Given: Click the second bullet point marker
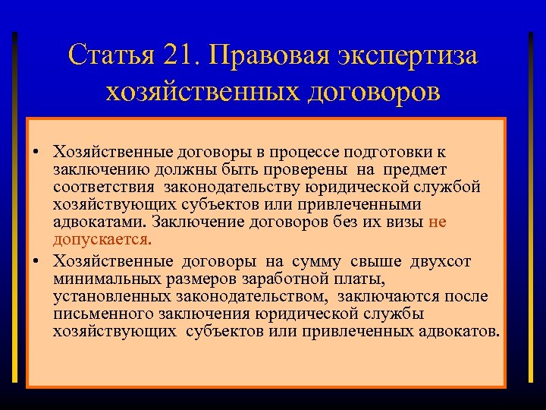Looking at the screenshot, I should click(x=36, y=261).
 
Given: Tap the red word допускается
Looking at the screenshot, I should click(x=102, y=240).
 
